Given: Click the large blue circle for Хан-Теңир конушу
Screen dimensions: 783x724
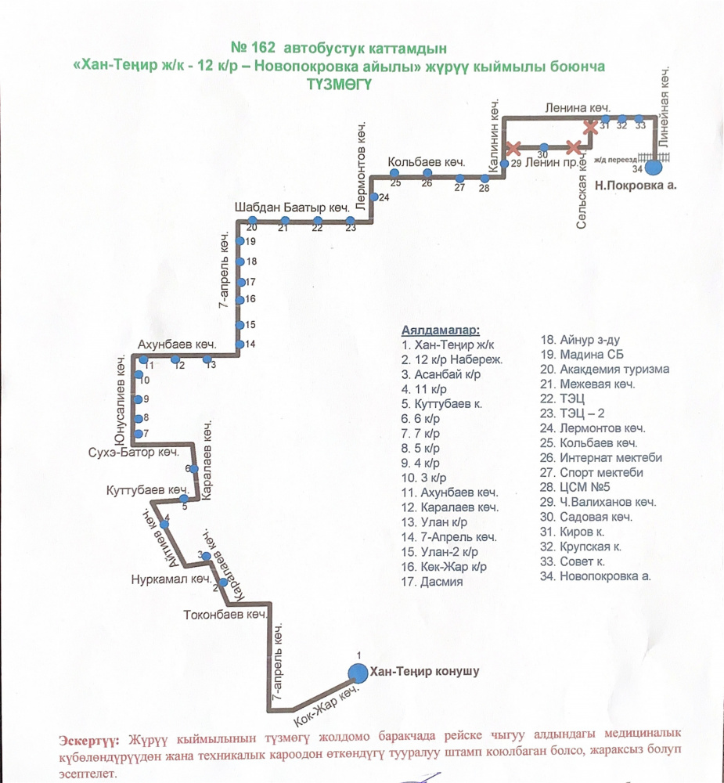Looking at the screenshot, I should pos(358,672).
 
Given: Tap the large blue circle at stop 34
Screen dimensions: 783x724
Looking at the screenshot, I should pos(654,165).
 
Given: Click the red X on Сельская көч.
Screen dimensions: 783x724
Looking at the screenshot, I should pos(592,126).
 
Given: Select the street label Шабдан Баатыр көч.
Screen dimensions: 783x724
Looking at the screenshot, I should pos(291,208).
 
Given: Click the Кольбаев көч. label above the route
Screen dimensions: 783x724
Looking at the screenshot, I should pos(427,162).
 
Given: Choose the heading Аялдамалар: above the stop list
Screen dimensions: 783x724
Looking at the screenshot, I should pos(440,330).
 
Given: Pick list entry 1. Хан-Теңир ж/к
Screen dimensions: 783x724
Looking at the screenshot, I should pos(448,345).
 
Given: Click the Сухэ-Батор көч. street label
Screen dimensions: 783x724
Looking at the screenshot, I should pos(134,453).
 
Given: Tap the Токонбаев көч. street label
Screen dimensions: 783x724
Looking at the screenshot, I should pos(225,615).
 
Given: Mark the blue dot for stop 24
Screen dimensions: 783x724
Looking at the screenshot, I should pos(374,197).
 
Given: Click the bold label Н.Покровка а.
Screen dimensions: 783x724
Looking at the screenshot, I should pos(635,186).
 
